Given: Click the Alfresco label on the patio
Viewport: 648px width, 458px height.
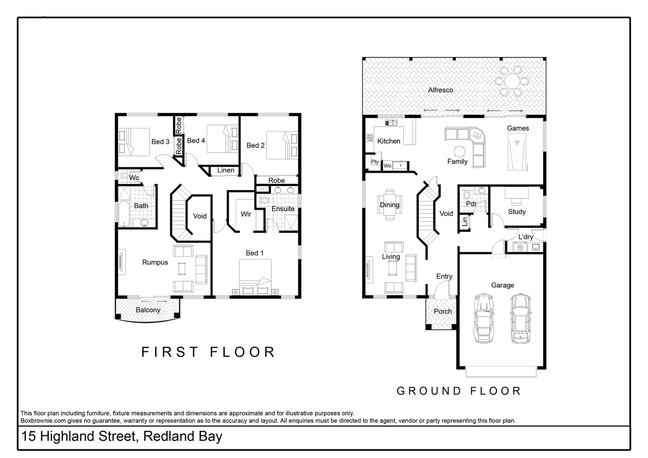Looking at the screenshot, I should pyautogui.click(x=440, y=90).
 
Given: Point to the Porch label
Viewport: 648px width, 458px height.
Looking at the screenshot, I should pyautogui.click(x=442, y=311).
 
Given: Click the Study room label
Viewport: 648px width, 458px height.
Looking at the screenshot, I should pyautogui.click(x=517, y=212).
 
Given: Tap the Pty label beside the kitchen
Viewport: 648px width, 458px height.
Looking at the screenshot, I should pyautogui.click(x=375, y=162).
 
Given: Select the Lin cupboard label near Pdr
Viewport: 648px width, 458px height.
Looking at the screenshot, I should pyautogui.click(x=465, y=221).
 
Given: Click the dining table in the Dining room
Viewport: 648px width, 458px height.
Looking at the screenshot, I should pyautogui.click(x=389, y=204).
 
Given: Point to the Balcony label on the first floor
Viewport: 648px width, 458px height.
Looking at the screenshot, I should pyautogui.click(x=148, y=310).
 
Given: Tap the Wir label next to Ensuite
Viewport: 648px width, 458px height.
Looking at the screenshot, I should pyautogui.click(x=246, y=214).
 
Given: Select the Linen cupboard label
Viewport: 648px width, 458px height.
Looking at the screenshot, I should pyautogui.click(x=225, y=170).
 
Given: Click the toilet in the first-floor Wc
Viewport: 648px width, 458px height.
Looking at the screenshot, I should pyautogui.click(x=125, y=176).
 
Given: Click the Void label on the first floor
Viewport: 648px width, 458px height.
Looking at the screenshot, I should pyautogui.click(x=200, y=216).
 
